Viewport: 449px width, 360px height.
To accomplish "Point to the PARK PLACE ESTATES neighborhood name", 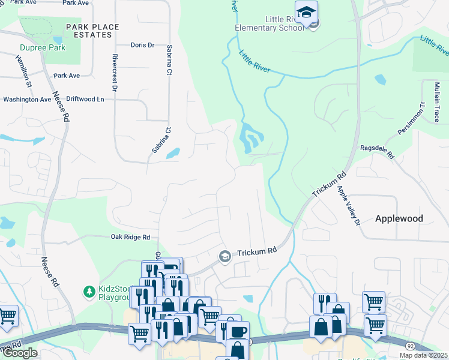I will (92, 31).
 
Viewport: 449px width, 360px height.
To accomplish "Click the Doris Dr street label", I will (142, 45).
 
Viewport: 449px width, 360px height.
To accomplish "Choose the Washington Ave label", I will (28, 100).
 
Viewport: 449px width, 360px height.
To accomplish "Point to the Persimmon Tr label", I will (411, 118).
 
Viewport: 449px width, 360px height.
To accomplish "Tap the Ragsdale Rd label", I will (376, 151).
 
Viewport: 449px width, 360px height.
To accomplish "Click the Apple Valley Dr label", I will (348, 205).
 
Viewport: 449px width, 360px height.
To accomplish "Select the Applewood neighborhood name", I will (399, 219).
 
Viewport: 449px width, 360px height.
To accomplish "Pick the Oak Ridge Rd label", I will (130, 237).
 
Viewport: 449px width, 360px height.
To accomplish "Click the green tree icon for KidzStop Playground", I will (89, 292).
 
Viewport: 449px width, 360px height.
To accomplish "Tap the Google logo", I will (20, 353).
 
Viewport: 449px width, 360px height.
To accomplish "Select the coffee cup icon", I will (237, 331).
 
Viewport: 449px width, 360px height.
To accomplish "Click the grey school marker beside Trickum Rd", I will (225, 256).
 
